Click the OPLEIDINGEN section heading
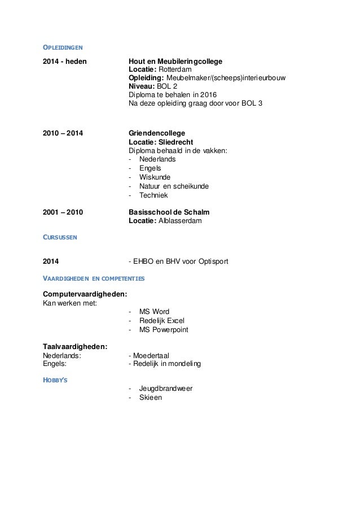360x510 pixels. [65, 47]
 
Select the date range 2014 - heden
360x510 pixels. [65, 61]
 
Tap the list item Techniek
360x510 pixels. [153, 195]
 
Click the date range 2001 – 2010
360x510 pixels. [63, 212]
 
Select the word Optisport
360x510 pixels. [211, 261]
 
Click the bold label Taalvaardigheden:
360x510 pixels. [76, 346]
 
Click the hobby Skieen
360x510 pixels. [150, 398]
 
